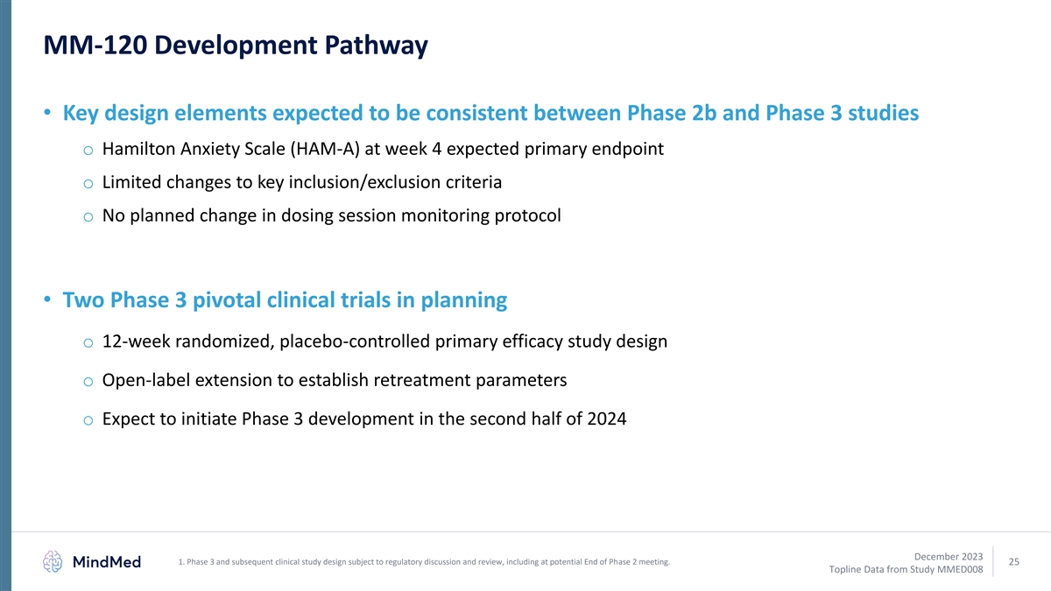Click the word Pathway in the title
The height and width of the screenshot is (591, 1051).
point(376,46)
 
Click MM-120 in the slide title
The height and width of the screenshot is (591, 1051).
point(95,45)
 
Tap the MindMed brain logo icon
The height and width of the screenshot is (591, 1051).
point(53,561)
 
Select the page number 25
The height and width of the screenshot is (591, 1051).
point(1014,561)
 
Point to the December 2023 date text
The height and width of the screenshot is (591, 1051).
point(949,556)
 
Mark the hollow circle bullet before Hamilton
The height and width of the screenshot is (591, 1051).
point(88,151)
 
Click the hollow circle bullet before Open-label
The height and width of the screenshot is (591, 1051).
point(88,382)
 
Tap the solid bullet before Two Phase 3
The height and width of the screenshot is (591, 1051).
point(47,299)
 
